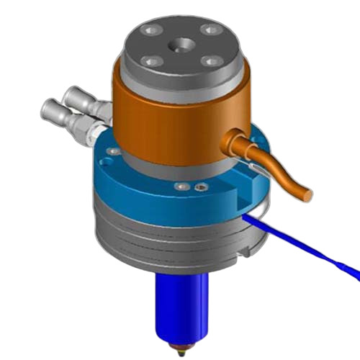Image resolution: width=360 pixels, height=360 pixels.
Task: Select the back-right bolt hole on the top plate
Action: pyautogui.click(x=210, y=30)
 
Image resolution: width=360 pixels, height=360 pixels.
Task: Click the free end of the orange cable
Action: pyautogui.click(x=307, y=194)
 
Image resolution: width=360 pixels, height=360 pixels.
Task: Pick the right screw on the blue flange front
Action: pyautogui.click(x=200, y=187)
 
